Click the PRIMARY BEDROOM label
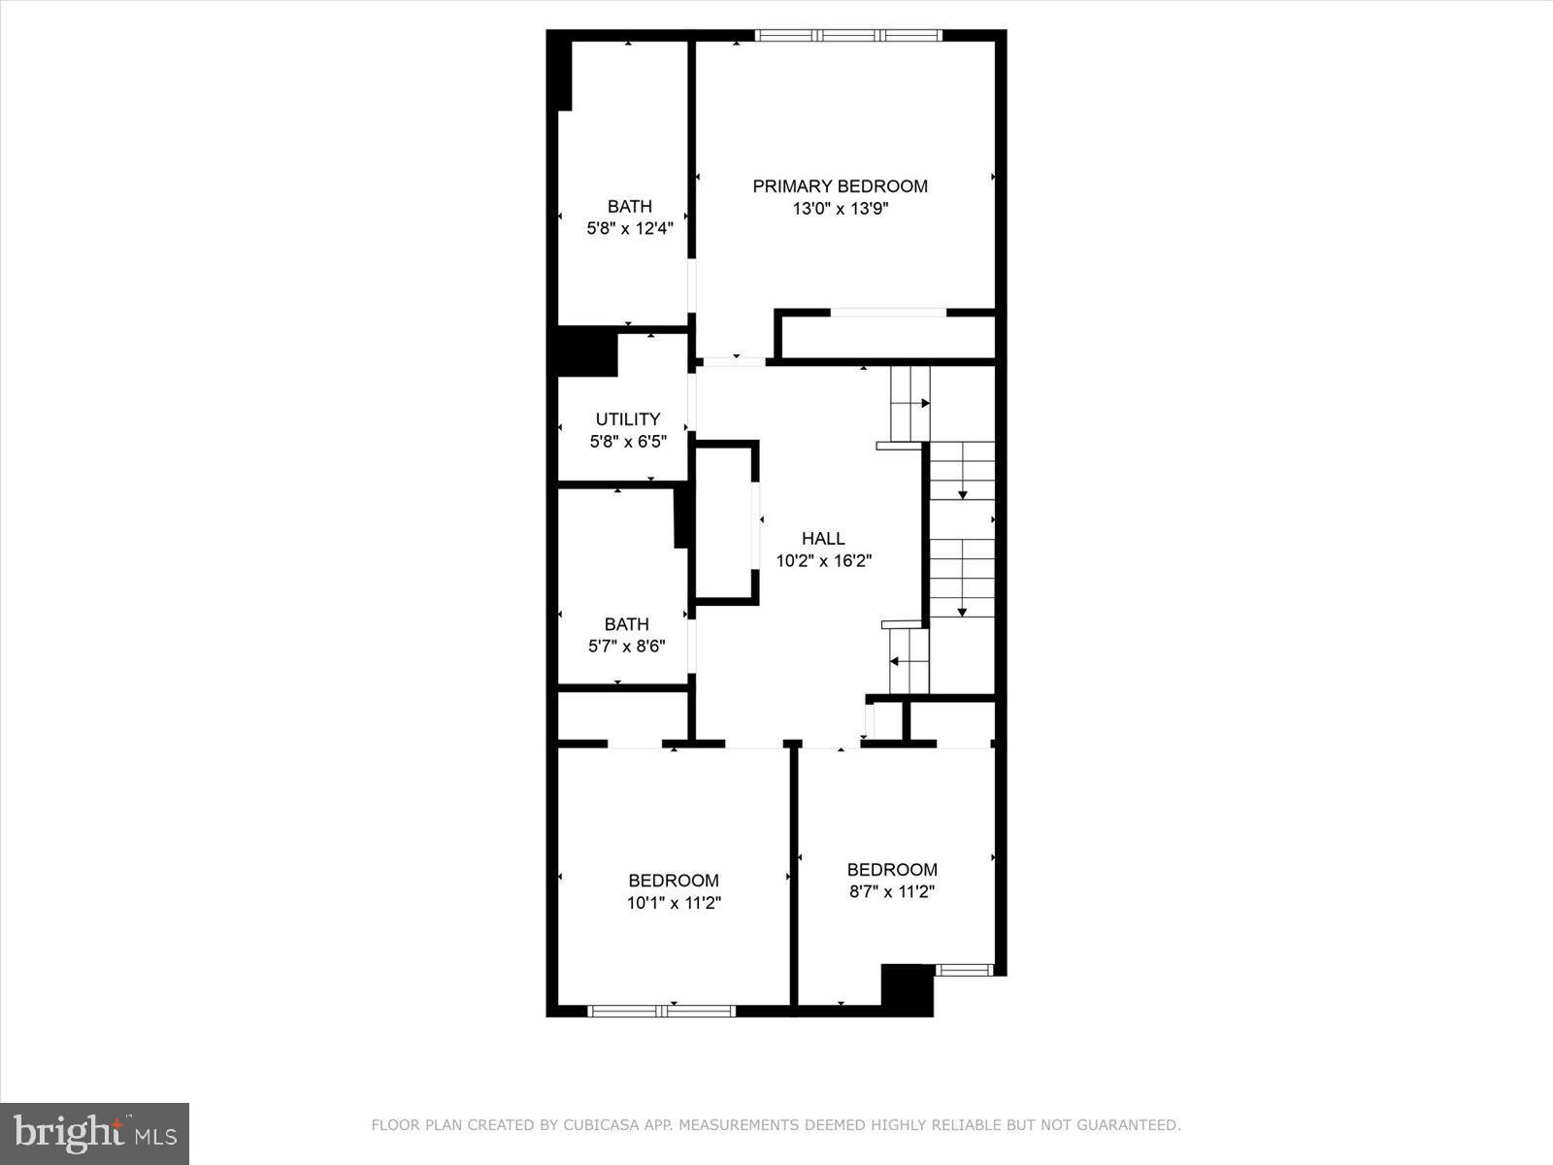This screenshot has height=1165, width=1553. click(840, 186)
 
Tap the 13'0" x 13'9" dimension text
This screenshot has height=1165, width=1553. click(840, 209)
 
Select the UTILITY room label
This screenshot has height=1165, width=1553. click(627, 419)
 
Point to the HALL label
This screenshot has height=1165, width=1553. click(823, 539)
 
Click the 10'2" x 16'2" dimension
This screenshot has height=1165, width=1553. click(823, 561)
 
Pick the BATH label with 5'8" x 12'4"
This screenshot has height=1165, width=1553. click(629, 207)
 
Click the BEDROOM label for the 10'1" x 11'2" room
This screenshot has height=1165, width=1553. click(674, 881)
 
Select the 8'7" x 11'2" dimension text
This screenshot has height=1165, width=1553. click(891, 891)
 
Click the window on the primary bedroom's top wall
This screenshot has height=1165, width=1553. click(848, 36)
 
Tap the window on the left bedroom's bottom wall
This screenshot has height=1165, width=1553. click(662, 1011)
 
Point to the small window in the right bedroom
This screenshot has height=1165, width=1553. click(964, 969)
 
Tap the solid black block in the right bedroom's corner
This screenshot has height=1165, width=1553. click(907, 985)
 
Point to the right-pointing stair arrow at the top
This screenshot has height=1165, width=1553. click(925, 403)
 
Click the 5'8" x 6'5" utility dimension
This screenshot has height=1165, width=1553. click(627, 442)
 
